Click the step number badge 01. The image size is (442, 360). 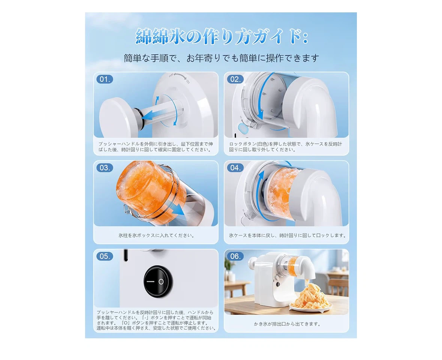(x=105, y=79)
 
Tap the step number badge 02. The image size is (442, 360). (x=235, y=79)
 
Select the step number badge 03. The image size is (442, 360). (x=105, y=168)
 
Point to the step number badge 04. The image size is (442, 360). (x=235, y=168)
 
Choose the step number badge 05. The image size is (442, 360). (x=105, y=256)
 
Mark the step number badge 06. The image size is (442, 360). (x=235, y=256)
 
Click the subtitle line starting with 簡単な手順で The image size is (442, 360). (x=221, y=58)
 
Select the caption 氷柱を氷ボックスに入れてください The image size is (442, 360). (x=156, y=235)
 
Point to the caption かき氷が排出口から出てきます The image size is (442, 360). (x=287, y=324)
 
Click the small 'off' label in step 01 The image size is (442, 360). (x=171, y=75)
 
